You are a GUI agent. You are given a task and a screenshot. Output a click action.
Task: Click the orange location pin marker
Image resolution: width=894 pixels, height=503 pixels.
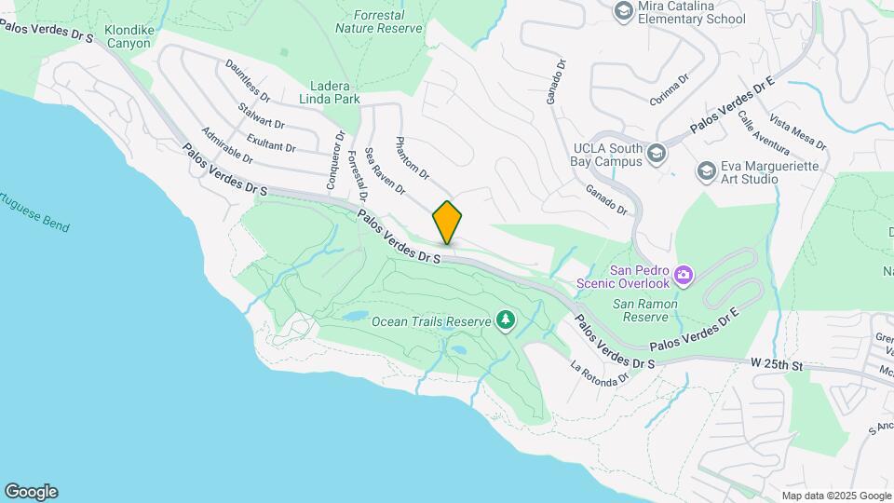[447, 222]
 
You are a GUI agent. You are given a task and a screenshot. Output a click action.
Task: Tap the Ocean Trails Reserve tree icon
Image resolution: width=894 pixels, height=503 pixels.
[506, 321]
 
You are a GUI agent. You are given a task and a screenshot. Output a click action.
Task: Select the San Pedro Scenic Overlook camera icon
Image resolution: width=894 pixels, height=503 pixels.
[684, 274]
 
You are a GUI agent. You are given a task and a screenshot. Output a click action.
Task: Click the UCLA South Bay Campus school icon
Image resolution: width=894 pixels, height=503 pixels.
[657, 154]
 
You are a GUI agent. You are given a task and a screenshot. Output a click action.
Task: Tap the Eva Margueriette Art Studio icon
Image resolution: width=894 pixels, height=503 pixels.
[707, 171]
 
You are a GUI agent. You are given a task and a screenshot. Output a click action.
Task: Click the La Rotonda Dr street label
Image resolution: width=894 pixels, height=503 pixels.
[600, 373]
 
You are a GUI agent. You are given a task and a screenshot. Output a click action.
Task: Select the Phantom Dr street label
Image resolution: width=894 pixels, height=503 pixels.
[412, 156]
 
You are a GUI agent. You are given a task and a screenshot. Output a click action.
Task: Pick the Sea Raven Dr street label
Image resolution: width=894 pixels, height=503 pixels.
[385, 170]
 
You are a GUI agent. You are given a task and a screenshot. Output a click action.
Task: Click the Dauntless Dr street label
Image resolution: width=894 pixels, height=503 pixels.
[248, 81]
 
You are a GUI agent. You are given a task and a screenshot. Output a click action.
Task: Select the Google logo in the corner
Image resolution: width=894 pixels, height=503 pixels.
[31, 492]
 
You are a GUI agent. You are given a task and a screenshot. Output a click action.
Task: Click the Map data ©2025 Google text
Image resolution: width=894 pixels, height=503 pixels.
[836, 496]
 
